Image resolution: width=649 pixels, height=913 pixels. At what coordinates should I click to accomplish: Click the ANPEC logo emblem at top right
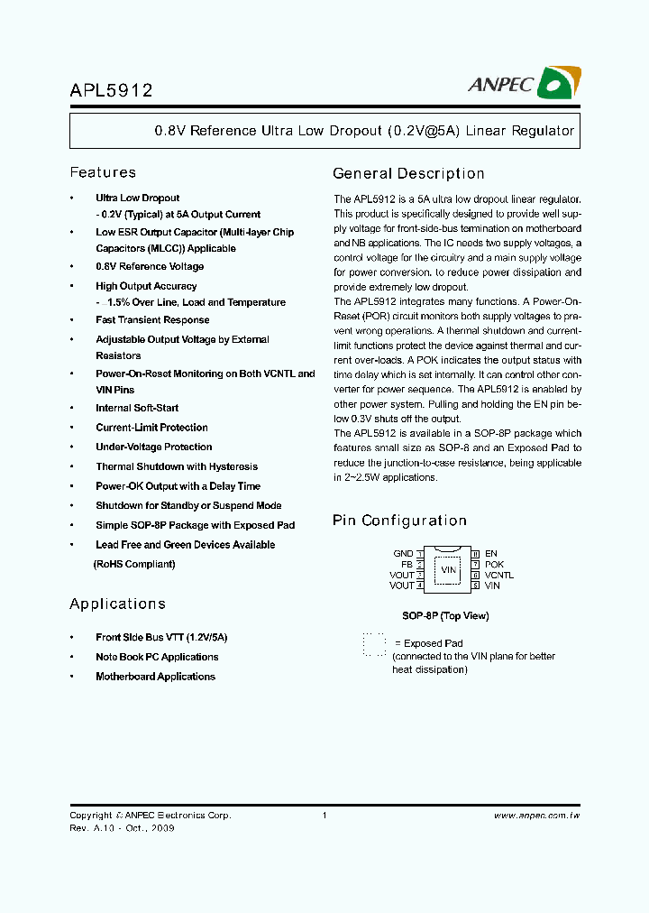pos(558,85)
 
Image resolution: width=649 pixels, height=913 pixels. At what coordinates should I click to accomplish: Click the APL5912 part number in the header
pos(111,90)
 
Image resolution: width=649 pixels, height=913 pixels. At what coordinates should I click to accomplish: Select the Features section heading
pos(103,172)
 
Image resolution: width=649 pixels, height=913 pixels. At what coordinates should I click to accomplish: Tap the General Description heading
pos(408,173)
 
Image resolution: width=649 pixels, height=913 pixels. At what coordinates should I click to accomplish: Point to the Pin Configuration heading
pos(399,521)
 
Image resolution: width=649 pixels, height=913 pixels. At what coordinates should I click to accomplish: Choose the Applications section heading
pos(117,604)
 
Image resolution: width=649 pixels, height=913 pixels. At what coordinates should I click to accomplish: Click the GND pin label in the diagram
pos(403,554)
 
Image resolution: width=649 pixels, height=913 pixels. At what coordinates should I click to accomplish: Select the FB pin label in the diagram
pos(407,565)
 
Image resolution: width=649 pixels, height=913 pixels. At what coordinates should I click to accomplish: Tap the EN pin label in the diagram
pos(491,554)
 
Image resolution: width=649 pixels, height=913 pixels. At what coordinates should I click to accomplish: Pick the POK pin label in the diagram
pos(494,565)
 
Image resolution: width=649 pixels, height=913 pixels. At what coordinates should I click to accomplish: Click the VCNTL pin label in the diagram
pos(499,575)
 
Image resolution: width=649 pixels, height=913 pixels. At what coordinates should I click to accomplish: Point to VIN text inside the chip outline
pos(448,569)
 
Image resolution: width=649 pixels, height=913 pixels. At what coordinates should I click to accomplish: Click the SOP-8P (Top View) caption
pos(445,616)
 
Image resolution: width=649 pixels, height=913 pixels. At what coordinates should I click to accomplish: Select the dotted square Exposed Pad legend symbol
pos(374,644)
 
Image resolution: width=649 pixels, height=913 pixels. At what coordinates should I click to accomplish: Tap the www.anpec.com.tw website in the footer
pos(536,816)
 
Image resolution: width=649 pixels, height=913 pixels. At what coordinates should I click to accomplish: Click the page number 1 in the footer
pos(324,816)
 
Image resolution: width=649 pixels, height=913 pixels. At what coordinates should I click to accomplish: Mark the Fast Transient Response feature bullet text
pos(152,320)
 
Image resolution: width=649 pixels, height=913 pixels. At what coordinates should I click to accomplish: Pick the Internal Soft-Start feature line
pos(137,408)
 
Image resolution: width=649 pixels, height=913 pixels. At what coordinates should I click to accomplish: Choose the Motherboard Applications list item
pos(155,677)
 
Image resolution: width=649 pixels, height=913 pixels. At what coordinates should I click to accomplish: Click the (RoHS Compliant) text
pos(134,565)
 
